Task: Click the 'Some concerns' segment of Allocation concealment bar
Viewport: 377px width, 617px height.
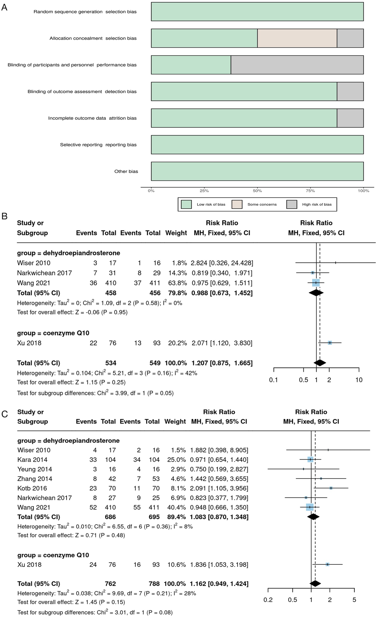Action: click(x=297, y=38)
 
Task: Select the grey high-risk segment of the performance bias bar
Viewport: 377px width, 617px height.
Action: click(x=297, y=65)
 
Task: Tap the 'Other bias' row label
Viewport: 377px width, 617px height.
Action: click(x=126, y=171)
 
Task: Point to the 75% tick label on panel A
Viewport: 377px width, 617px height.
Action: click(x=310, y=191)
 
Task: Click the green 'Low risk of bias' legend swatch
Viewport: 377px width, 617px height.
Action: click(x=186, y=205)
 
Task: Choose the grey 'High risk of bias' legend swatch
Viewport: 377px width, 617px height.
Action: click(x=292, y=205)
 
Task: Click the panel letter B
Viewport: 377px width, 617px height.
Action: click(x=4, y=216)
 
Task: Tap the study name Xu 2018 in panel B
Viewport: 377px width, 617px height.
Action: click(x=29, y=343)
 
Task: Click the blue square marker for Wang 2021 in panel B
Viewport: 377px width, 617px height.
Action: click(x=316, y=283)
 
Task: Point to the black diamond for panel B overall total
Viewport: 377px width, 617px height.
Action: click(x=320, y=363)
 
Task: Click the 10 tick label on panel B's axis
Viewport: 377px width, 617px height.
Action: click(x=359, y=380)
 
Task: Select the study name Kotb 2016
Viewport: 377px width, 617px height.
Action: click(x=32, y=488)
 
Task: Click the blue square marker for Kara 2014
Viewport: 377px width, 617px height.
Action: click(x=310, y=460)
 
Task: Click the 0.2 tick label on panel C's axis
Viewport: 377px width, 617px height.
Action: click(x=268, y=600)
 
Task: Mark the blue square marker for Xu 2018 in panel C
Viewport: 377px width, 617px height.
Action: click(x=327, y=565)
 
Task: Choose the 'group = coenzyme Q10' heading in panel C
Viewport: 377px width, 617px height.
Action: click(x=53, y=555)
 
